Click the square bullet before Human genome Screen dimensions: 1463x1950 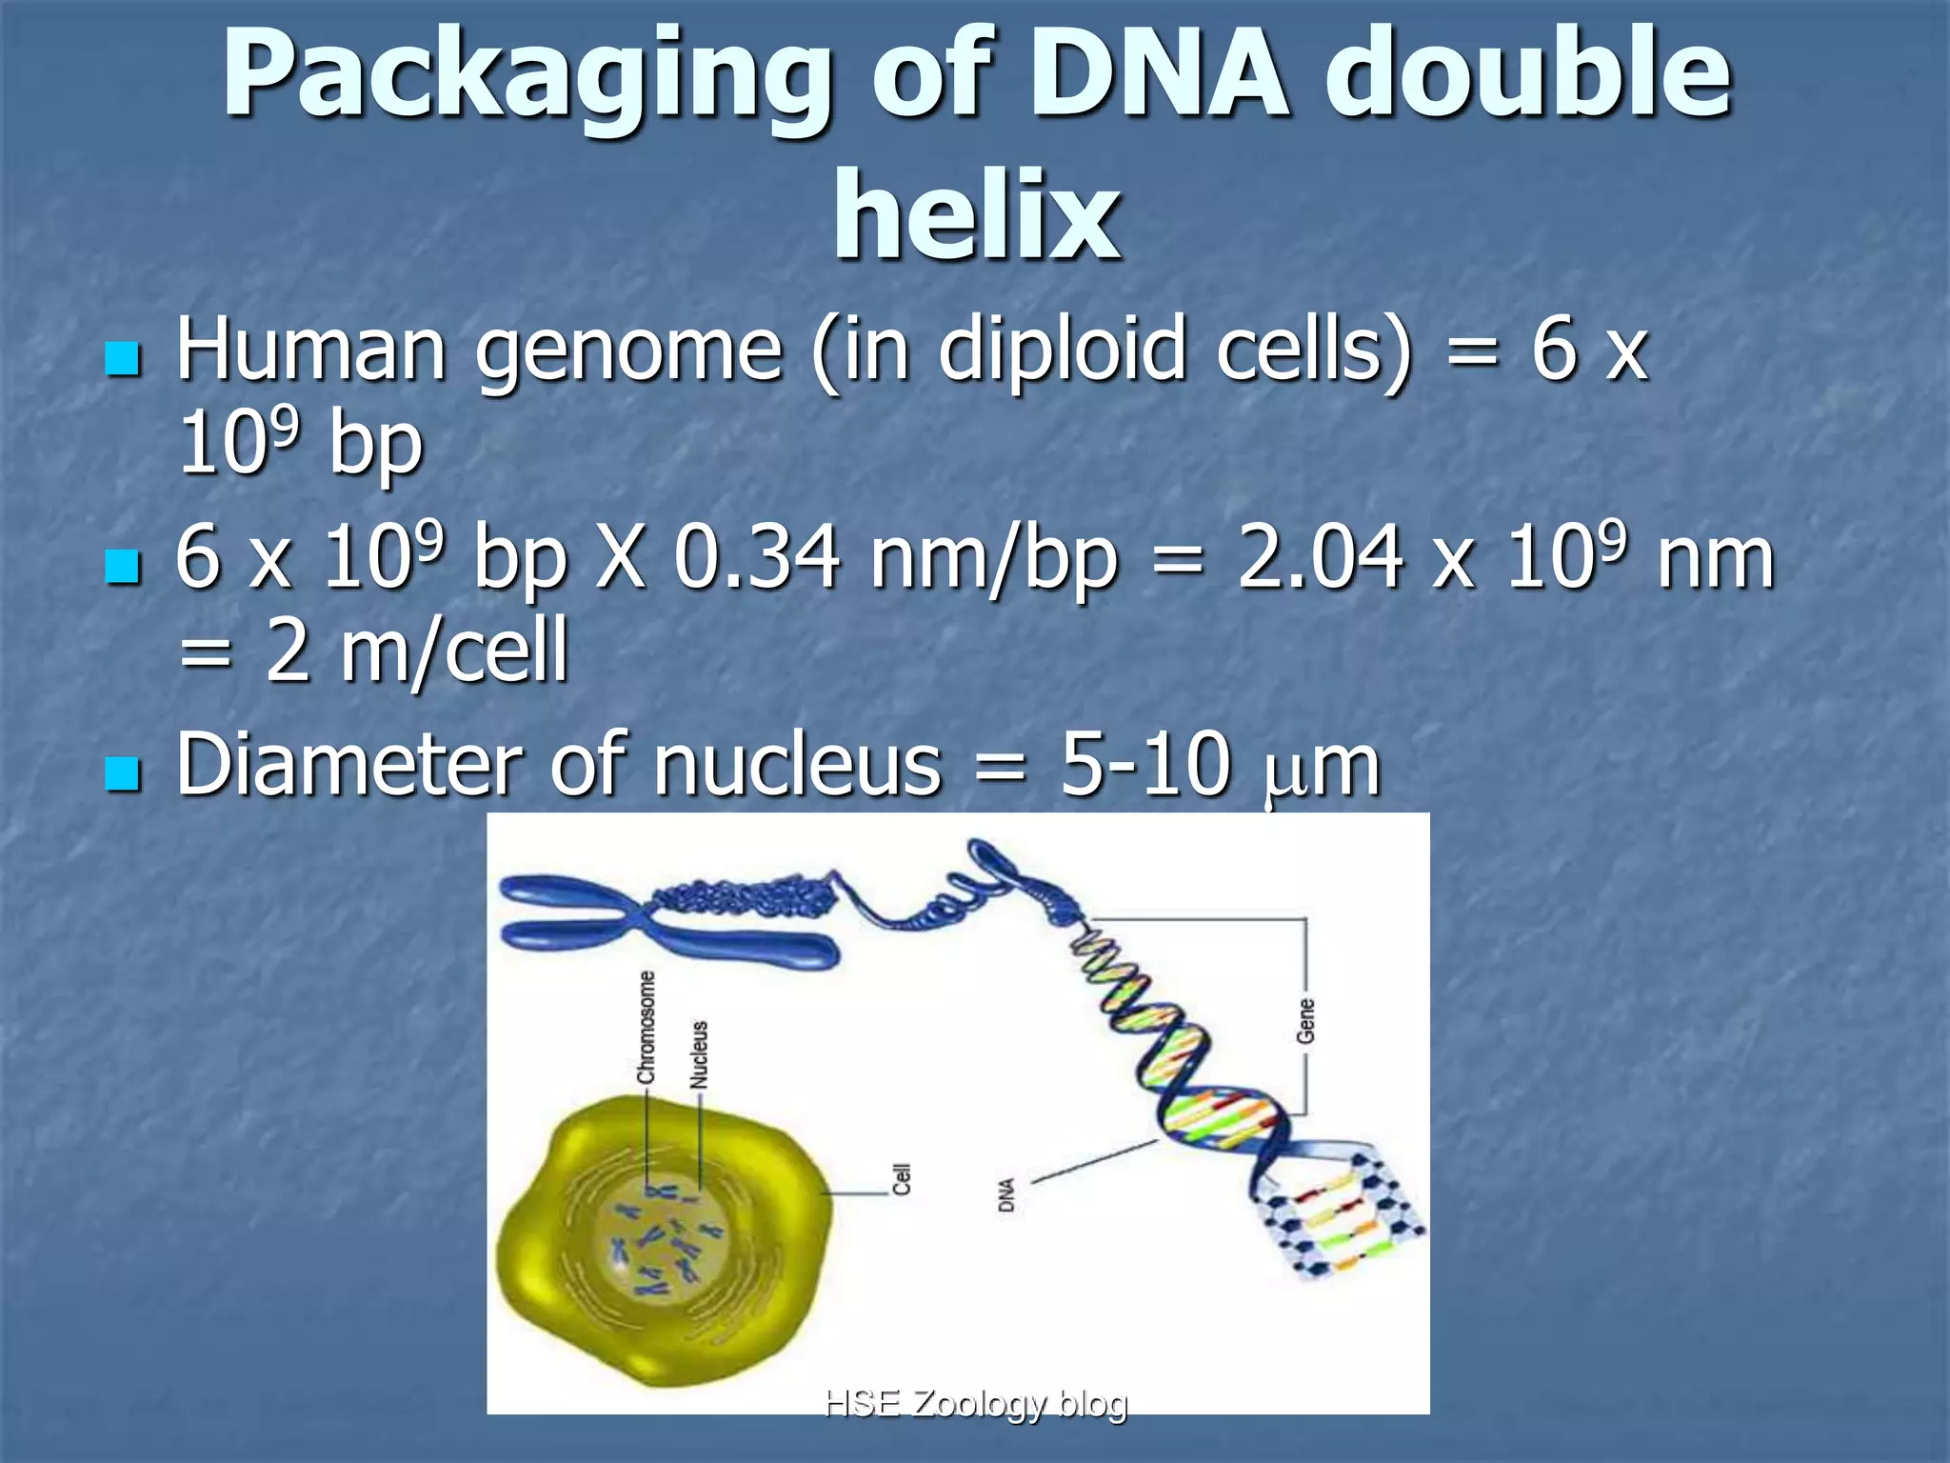coord(123,359)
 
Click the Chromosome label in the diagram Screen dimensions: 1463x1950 coord(647,1028)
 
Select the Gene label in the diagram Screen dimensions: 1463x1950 coord(1305,1020)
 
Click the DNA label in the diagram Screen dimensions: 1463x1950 coord(1006,1195)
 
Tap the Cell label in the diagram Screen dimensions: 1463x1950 coord(901,1179)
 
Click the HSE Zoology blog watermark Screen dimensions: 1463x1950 coord(975,1402)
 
